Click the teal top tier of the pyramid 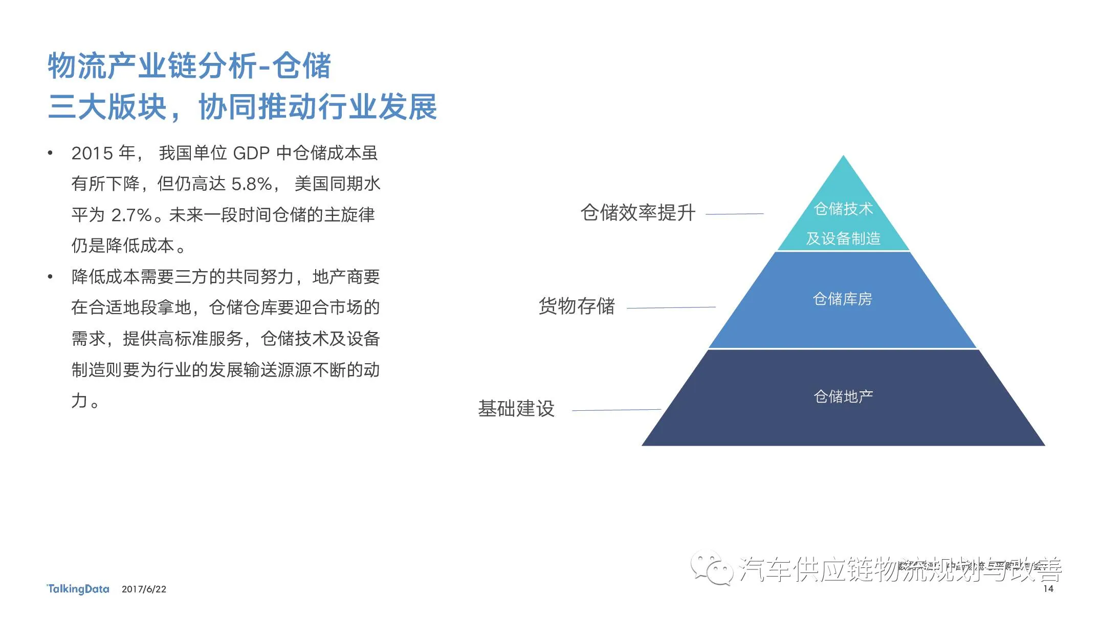(x=843, y=215)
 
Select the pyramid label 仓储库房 (x=842, y=299)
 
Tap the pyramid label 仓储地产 (x=843, y=396)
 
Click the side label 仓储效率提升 (x=638, y=213)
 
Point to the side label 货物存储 (x=577, y=306)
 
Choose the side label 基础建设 (x=516, y=409)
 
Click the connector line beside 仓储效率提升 (x=734, y=214)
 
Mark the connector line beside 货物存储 (x=671, y=307)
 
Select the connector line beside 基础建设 (x=616, y=410)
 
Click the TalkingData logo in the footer (x=78, y=589)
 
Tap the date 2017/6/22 (x=144, y=589)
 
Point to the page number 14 (x=1048, y=589)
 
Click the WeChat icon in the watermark (x=711, y=568)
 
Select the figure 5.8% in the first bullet (x=252, y=184)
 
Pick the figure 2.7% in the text (x=131, y=215)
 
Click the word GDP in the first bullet (x=251, y=153)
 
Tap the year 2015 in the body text (x=92, y=153)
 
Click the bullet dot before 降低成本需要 (x=50, y=277)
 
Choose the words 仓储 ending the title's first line (x=301, y=67)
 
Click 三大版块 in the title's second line (x=107, y=107)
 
